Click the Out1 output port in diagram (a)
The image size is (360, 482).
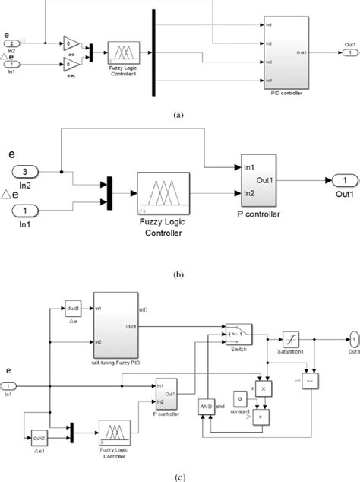tap(347, 53)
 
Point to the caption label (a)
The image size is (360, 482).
tap(178, 116)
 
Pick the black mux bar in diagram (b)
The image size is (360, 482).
tap(109, 195)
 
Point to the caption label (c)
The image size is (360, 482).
tap(178, 476)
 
